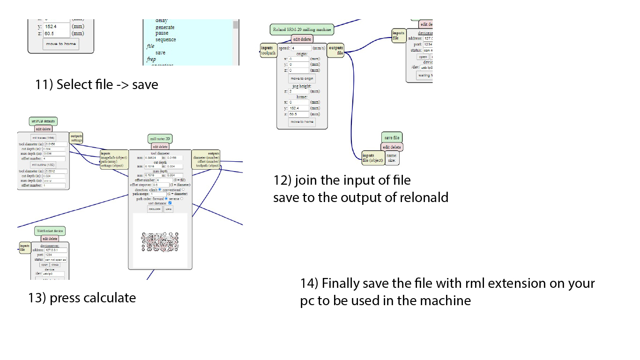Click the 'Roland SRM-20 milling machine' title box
tap(302, 30)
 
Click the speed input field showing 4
tap(301, 48)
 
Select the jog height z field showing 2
tap(299, 91)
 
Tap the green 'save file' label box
tap(392, 138)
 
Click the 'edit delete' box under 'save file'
tap(392, 147)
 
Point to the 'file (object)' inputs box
tap(373, 158)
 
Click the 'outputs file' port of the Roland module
tap(336, 51)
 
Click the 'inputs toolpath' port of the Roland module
tap(268, 51)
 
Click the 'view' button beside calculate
tap(168, 209)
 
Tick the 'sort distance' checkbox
tap(170, 203)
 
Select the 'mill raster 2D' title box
tap(160, 139)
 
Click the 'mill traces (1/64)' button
tap(43, 138)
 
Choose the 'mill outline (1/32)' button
tap(43, 165)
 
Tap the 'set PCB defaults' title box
tap(43, 121)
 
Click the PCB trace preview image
tap(160, 240)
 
